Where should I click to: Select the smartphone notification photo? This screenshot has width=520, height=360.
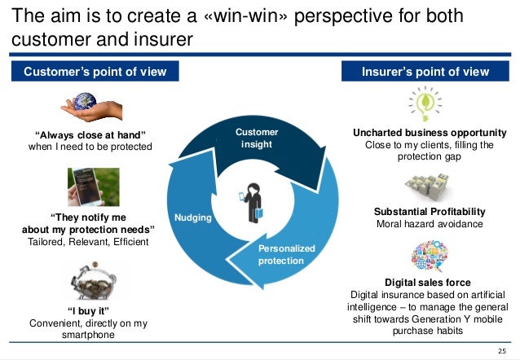[93, 187]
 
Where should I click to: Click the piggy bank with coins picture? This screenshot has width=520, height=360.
[92, 282]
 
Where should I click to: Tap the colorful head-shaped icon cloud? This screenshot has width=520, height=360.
[428, 257]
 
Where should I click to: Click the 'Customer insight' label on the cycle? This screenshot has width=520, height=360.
[257, 138]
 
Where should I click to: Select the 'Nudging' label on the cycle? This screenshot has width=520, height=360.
[193, 218]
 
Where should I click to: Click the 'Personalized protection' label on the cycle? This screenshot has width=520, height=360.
[280, 254]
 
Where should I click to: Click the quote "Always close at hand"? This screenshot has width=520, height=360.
[90, 134]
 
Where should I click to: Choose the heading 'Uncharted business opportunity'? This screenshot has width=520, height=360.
[430, 132]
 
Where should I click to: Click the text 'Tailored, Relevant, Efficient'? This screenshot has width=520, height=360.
[90, 242]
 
